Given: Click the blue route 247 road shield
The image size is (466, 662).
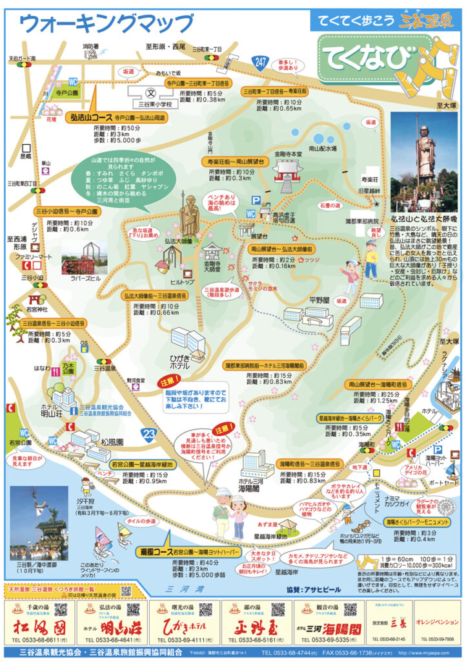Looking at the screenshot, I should pyautogui.click(x=260, y=62).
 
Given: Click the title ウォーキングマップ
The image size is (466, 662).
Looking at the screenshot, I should pyautogui.click(x=106, y=23).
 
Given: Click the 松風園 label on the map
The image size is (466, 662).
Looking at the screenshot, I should pyautogui.click(x=112, y=442).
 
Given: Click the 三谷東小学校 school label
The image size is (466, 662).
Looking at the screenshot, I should pyautogui.click(x=155, y=103).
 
